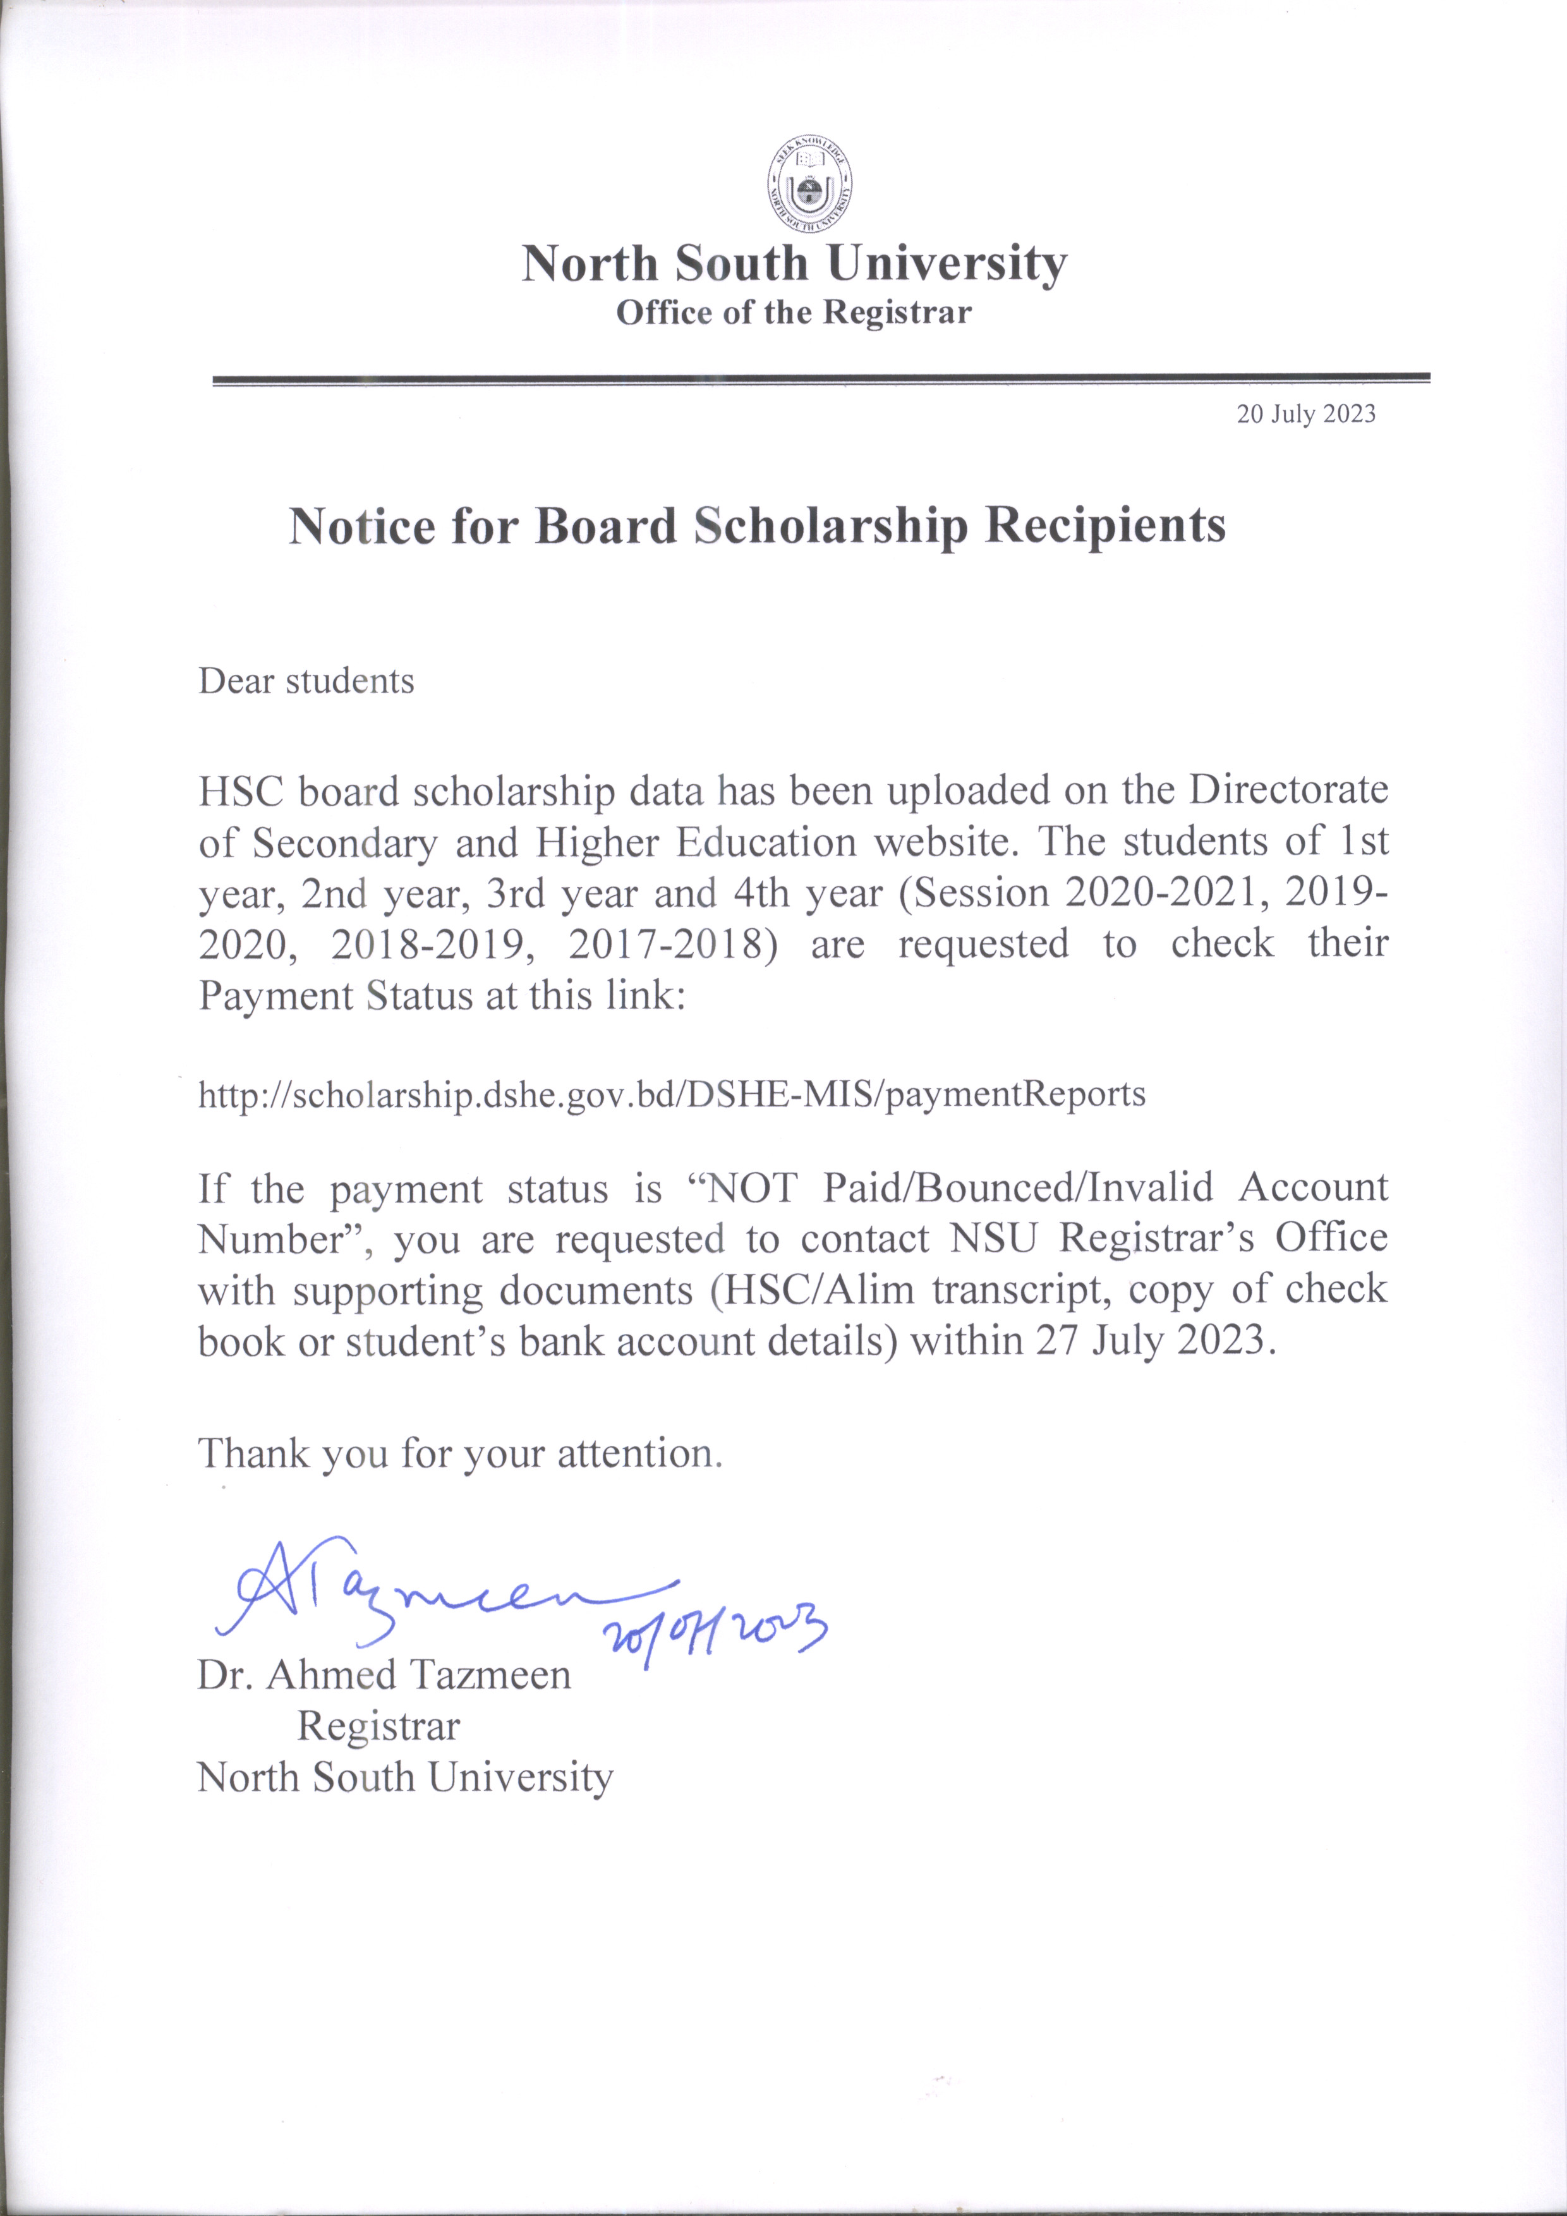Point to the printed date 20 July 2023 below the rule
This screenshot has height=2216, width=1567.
pos(1305,414)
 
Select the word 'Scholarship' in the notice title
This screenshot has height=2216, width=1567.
pos(830,526)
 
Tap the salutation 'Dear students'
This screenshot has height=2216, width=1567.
pos(306,681)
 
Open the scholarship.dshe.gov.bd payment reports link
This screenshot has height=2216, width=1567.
pos(672,1094)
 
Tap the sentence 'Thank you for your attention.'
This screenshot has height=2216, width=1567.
pos(460,1453)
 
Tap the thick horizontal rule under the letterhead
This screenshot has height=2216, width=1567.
pos(820,379)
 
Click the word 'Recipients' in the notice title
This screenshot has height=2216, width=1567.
pos(1105,526)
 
